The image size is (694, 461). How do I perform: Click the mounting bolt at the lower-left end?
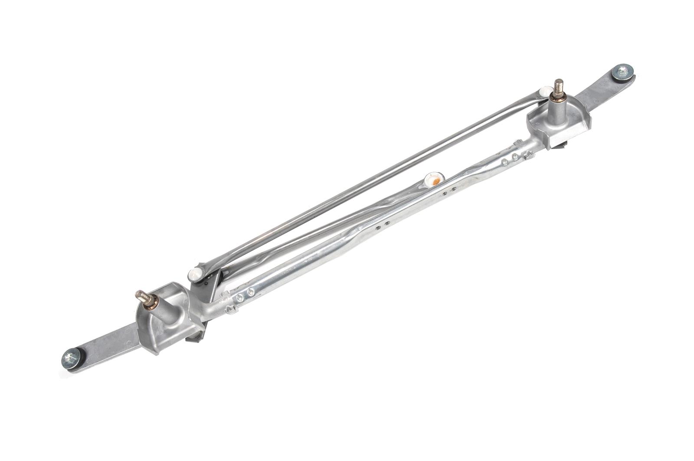(x=70, y=357)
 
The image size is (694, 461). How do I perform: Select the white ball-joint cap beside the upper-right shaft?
(x=544, y=92)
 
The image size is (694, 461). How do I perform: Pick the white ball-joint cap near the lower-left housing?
(x=194, y=274)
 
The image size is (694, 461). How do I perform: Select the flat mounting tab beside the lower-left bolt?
(x=108, y=345)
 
